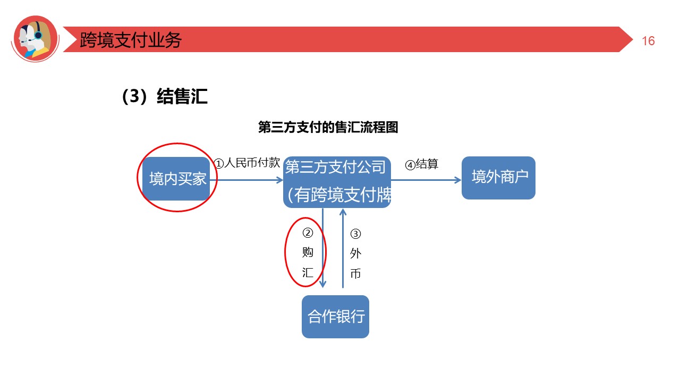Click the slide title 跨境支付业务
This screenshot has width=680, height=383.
pyautogui.click(x=131, y=40)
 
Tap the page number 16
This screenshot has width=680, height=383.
pyautogui.click(x=648, y=41)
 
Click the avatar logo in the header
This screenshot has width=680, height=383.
pyautogui.click(x=35, y=38)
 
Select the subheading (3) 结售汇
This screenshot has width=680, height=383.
pyautogui.click(x=165, y=97)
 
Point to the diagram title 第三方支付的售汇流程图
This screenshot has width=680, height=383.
pyautogui.click(x=328, y=128)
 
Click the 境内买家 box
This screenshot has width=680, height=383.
pyautogui.click(x=177, y=179)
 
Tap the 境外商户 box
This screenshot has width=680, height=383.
pyautogui.click(x=498, y=178)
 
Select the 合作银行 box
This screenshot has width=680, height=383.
pyautogui.click(x=335, y=317)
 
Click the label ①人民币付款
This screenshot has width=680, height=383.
pyautogui.click(x=247, y=163)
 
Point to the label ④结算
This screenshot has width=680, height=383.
pyautogui.click(x=421, y=164)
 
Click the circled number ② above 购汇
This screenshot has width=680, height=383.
pyautogui.click(x=308, y=233)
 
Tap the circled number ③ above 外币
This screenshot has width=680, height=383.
pyautogui.click(x=355, y=234)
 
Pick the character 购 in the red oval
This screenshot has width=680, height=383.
pyautogui.click(x=308, y=253)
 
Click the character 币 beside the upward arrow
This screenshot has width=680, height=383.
pyautogui.click(x=355, y=273)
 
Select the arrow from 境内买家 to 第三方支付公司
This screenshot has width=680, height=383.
pyautogui.click(x=250, y=180)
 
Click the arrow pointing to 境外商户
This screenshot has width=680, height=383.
pyautogui.click(x=426, y=180)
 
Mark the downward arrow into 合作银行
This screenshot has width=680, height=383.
pyautogui.click(x=323, y=250)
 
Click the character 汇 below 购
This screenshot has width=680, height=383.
pyautogui.click(x=308, y=273)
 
